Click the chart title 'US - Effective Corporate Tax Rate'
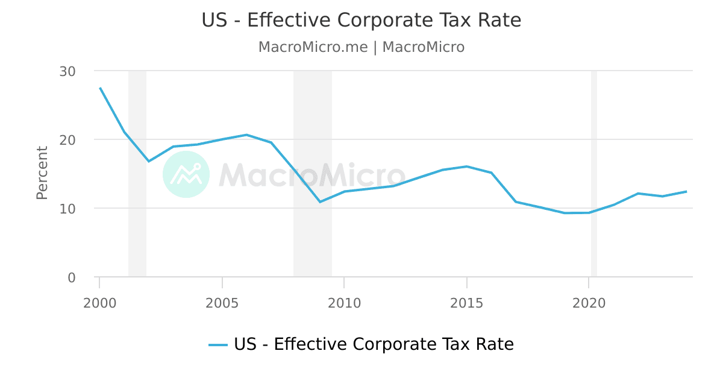361,21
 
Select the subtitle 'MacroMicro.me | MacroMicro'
361,47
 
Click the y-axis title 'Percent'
42,173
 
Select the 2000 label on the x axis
99,303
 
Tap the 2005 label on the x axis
222,303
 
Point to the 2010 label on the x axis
344,303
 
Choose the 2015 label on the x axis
466,303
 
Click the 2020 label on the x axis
589,303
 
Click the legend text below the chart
374,344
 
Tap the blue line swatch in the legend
218,345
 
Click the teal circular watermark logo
186,174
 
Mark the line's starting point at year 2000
100,88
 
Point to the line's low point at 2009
320,201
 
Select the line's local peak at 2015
466,166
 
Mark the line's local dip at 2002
149,161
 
